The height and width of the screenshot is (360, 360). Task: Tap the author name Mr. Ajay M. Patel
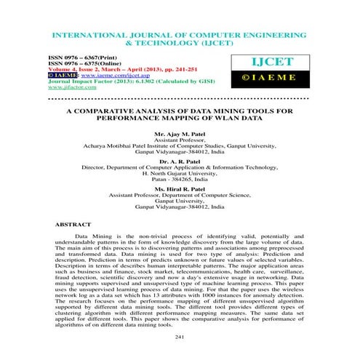(180, 135)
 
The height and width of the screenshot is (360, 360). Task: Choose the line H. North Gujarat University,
(180, 172)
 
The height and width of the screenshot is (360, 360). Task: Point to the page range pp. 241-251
(171, 68)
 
